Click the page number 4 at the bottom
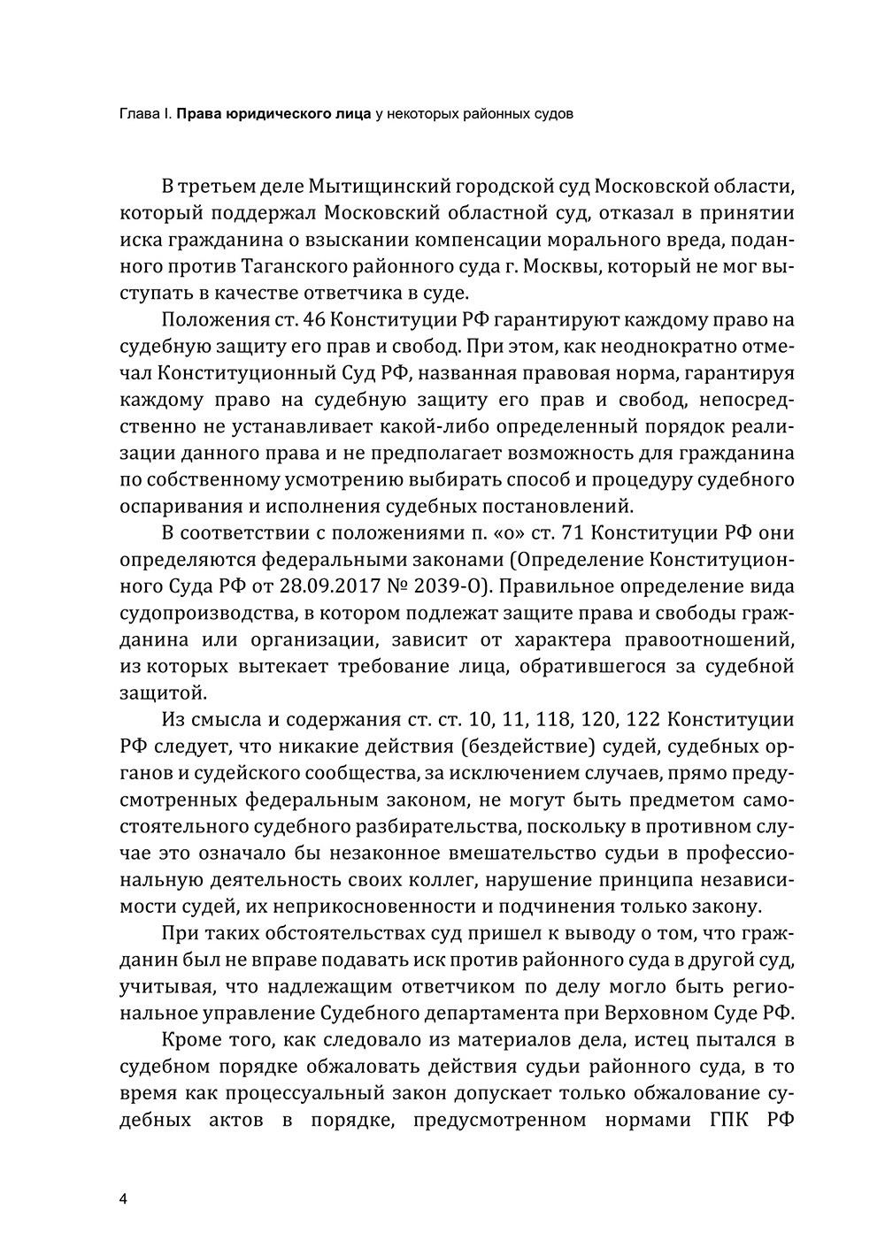pos(123,1198)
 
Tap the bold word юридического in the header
pos(258,114)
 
